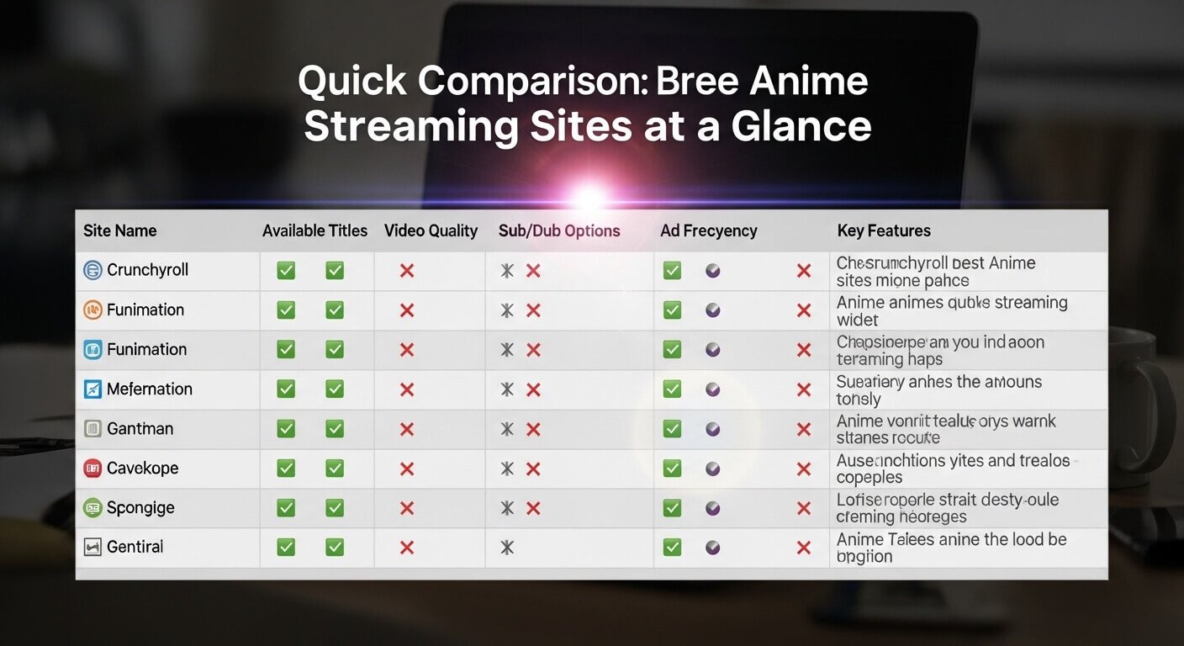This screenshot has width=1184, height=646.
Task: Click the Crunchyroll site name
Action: (147, 270)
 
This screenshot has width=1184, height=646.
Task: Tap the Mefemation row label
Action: (150, 389)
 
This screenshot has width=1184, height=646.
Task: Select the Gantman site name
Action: (140, 428)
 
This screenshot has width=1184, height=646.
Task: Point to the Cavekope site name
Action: (142, 468)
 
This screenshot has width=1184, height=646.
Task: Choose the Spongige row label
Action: (140, 508)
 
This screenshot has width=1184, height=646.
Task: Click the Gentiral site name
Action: (135, 547)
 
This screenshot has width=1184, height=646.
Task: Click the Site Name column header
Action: (120, 230)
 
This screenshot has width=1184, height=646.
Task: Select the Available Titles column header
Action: (314, 230)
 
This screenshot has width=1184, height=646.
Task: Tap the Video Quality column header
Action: (431, 230)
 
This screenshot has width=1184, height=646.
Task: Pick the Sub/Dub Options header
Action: (559, 230)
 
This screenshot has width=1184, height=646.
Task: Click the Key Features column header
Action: (884, 230)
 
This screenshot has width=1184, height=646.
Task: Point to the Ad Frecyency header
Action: (709, 230)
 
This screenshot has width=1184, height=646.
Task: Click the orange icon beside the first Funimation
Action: (92, 310)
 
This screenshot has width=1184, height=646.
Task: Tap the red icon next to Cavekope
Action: (92, 468)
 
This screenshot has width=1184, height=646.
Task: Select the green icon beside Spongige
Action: (92, 508)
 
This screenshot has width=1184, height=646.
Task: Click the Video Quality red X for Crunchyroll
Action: (407, 271)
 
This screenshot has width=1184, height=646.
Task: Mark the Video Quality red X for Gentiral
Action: (407, 548)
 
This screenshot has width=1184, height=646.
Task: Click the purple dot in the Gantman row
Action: (713, 429)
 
